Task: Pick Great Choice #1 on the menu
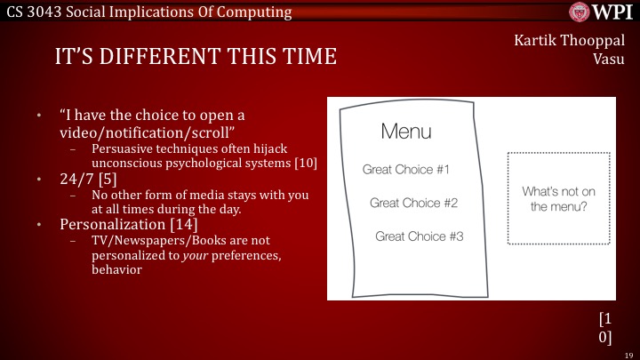(x=407, y=169)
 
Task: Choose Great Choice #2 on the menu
(x=413, y=203)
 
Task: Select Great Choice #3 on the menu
(x=419, y=236)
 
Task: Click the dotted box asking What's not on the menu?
(x=559, y=198)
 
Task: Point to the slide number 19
(x=628, y=353)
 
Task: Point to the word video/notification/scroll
(x=133, y=132)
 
